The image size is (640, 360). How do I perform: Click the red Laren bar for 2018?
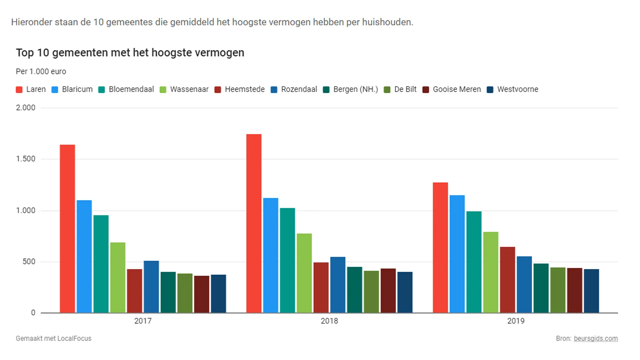254,223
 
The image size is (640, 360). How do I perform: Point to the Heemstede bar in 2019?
507,280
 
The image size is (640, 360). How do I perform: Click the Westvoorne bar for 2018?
405,292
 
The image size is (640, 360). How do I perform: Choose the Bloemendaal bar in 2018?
287,260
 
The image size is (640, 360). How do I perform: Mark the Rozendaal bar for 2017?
151,287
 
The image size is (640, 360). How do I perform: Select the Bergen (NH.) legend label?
355,89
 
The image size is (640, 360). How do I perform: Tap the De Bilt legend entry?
405,89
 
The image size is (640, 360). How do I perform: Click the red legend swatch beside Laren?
19,90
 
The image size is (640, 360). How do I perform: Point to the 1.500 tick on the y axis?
26,159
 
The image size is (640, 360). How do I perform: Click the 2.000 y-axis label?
26,108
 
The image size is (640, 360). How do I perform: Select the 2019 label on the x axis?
516,321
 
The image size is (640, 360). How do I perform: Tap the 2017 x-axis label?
143,321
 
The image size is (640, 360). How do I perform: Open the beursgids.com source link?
595,338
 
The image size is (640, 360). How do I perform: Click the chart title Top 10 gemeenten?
130,53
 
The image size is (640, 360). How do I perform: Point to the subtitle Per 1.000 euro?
41,72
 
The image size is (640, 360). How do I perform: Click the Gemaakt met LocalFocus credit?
53,338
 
